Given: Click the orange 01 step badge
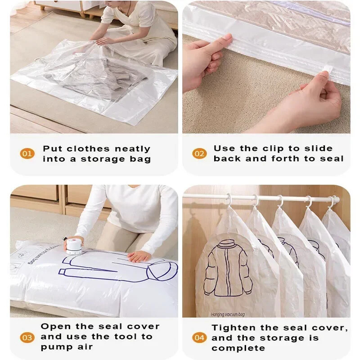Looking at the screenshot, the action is [27, 153].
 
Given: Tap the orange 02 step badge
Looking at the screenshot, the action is [199, 153].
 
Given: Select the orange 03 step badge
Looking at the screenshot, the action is [27, 337].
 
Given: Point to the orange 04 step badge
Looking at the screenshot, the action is [199, 337].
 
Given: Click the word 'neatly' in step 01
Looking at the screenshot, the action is [132, 149].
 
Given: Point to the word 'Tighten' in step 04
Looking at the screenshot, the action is [233, 328].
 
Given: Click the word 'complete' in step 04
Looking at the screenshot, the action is [238, 348].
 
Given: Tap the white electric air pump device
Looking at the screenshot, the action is [74, 246].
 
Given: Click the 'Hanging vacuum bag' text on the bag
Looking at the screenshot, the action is [228, 314].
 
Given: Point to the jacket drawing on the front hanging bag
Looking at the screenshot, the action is [228, 268].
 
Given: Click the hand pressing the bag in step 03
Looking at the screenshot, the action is [139, 256].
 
